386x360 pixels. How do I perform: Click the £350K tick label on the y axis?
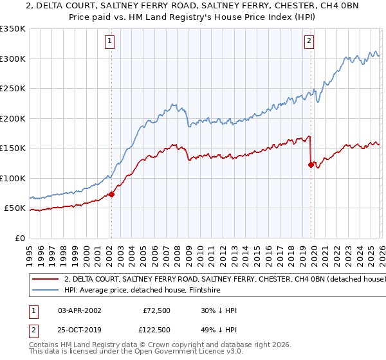point(13,29)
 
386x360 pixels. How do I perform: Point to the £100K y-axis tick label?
point(13,178)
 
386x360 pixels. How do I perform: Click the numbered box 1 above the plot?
point(111,41)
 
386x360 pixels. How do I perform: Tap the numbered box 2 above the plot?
point(309,41)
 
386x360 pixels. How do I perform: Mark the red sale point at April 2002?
point(111,194)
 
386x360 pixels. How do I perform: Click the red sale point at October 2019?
point(311,165)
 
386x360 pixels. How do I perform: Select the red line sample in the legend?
point(46,280)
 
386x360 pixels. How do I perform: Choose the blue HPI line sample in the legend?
point(46,290)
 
